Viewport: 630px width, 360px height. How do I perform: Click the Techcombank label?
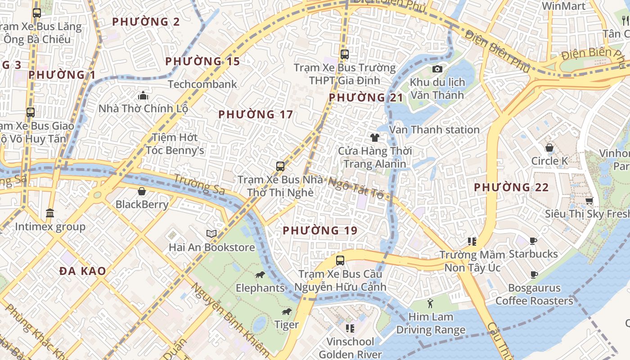pos(202,84)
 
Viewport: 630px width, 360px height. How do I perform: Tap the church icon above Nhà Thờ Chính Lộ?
pos(143,95)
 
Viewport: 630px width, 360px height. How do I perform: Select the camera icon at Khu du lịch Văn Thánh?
pos(437,69)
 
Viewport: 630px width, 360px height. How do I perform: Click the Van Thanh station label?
pos(434,130)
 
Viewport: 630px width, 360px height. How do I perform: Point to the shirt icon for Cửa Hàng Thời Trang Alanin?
pos(374,138)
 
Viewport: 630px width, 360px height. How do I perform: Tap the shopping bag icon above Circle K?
pos(549,148)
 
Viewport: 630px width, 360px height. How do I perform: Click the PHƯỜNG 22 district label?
pos(511,187)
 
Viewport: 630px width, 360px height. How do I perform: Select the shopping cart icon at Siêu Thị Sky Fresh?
pos(589,201)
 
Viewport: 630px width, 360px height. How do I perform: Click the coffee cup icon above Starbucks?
pos(533,241)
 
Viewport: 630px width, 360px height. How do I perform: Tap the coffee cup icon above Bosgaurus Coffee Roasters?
pos(534,274)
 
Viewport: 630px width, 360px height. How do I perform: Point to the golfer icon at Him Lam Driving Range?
pos(430,303)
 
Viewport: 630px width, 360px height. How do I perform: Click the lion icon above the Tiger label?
pos(286,311)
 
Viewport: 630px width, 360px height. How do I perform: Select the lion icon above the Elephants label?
pos(260,274)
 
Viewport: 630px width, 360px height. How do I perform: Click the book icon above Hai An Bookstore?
pos(211,234)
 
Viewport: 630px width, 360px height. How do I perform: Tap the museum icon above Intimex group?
pos(50,213)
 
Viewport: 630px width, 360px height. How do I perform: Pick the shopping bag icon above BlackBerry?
pos(142,191)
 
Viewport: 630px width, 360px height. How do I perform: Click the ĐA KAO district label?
pos(83,271)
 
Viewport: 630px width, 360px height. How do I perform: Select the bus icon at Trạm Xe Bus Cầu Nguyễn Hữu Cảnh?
pos(340,261)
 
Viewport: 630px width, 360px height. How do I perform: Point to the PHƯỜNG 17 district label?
pos(256,115)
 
